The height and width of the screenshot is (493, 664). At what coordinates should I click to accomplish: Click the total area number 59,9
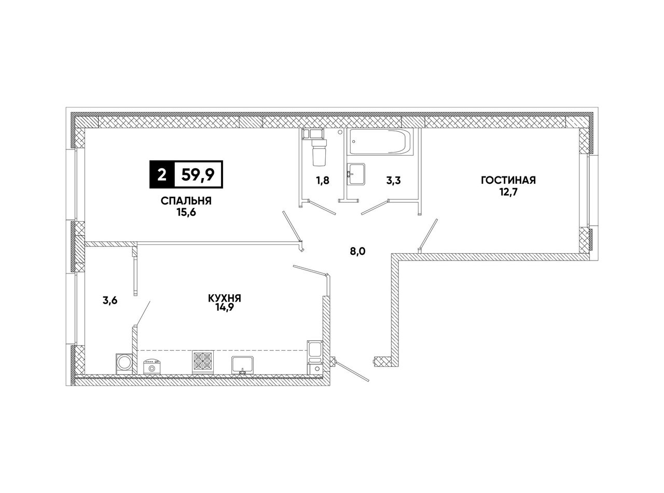198,174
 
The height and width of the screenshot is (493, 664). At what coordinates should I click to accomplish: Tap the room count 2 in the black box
161,174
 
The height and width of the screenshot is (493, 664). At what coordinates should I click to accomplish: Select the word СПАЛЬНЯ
186,201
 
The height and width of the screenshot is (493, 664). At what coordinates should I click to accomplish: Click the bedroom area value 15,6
186,212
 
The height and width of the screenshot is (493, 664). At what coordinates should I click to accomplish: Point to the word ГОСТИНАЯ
508,180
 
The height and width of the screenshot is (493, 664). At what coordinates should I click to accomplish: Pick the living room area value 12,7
508,191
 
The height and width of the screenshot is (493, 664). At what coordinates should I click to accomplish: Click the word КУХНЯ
225,298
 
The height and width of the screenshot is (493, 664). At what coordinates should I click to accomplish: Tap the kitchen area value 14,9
224,308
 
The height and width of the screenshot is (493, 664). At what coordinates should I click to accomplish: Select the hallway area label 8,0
358,251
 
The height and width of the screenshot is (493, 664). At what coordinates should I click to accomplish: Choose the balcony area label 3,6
110,300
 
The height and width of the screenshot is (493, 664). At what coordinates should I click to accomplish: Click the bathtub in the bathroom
380,142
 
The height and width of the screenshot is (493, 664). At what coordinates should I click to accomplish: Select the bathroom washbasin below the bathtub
356,174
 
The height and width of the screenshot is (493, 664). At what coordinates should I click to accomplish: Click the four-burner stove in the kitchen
203,362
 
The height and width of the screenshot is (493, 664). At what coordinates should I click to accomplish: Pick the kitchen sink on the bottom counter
242,365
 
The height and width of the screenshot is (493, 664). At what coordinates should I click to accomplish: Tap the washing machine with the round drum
124,364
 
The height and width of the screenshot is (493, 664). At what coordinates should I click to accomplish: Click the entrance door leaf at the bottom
353,372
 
